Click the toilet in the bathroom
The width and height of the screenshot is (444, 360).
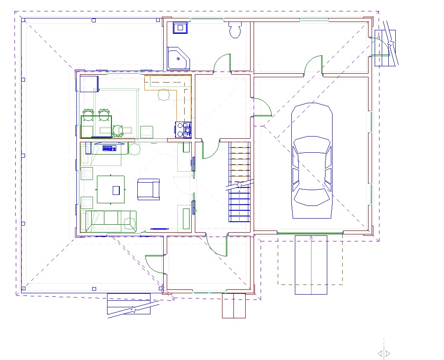click(x=235, y=29)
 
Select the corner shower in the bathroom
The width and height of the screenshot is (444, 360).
click(x=178, y=58)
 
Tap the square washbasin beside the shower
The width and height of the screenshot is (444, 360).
click(x=180, y=28)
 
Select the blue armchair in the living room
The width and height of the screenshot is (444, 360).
click(x=148, y=189)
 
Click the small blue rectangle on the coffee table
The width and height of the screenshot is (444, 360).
click(x=116, y=190)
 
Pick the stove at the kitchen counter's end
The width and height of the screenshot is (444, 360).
click(x=183, y=130)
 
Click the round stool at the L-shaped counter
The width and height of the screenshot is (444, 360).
click(x=164, y=94)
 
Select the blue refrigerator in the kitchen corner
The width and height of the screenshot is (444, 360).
click(x=89, y=84)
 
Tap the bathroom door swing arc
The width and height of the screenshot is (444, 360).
click(x=221, y=61)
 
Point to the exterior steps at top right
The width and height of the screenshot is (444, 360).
click(x=385, y=47)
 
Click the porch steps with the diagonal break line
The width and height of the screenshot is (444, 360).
click(x=129, y=304)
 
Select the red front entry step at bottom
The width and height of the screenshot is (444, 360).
click(x=233, y=305)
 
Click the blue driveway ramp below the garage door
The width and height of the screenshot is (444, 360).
click(x=311, y=265)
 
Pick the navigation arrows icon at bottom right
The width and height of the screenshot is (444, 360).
click(x=384, y=353)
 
